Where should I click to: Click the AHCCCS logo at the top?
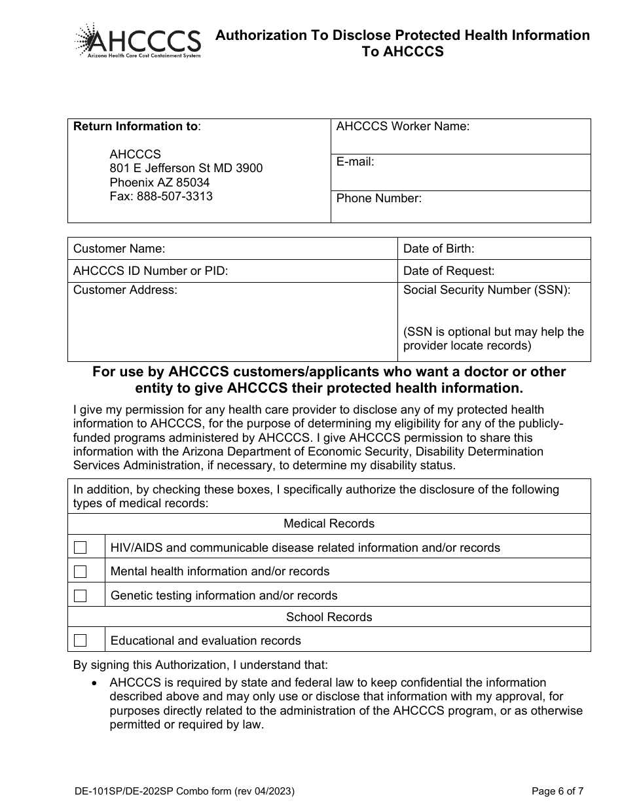(x=137, y=41)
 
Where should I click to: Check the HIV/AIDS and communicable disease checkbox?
(x=80, y=548)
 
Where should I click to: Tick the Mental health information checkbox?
(x=80, y=571)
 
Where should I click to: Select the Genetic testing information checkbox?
(x=80, y=596)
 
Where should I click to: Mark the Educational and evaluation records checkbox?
(x=80, y=640)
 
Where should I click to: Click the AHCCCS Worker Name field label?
(x=403, y=127)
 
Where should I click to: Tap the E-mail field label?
(x=356, y=162)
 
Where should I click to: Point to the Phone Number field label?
(x=379, y=198)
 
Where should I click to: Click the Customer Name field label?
(x=119, y=249)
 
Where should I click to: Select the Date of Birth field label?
(x=439, y=249)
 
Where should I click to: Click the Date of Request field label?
(x=448, y=271)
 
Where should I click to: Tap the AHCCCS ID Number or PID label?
(x=151, y=271)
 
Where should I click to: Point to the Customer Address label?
(x=125, y=290)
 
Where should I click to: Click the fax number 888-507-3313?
(x=174, y=196)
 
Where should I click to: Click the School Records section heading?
(x=329, y=617)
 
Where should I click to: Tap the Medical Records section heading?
(x=329, y=524)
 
